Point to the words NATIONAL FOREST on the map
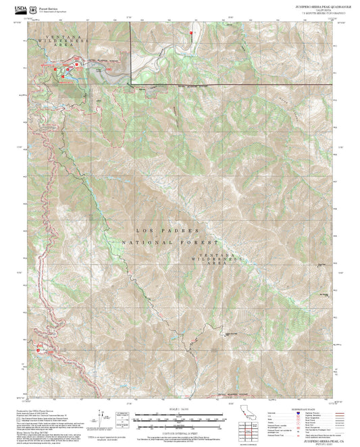pyautogui.click(x=171, y=242)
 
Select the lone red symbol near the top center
pyautogui.click(x=192, y=32)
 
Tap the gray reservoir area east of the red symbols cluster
pyautogui.click(x=109, y=76)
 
